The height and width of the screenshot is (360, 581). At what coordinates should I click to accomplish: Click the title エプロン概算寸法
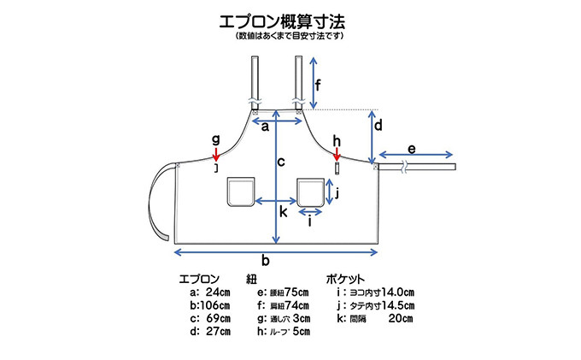[290, 19]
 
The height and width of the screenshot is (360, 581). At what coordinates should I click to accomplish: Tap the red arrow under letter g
[216, 153]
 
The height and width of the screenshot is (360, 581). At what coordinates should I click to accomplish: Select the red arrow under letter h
[337, 154]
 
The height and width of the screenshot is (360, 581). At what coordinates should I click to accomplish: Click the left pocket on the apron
[242, 192]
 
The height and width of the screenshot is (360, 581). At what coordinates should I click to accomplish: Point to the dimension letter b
[266, 261]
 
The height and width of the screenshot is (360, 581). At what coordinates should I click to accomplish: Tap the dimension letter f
[319, 85]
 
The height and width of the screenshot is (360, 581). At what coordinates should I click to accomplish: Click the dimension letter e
[412, 149]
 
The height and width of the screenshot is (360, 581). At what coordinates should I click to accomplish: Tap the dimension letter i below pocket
[309, 220]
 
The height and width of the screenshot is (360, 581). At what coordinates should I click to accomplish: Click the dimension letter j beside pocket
[338, 192]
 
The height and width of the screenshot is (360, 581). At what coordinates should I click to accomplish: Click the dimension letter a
[265, 127]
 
